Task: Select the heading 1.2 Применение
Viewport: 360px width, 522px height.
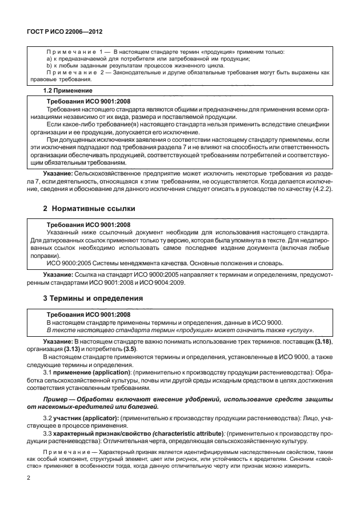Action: click(x=69, y=90)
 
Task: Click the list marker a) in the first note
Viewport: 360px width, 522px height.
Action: click(x=49, y=59)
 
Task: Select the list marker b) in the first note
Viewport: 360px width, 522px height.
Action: click(x=49, y=66)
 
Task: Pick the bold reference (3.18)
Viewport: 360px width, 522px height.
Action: click(x=321, y=341)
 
